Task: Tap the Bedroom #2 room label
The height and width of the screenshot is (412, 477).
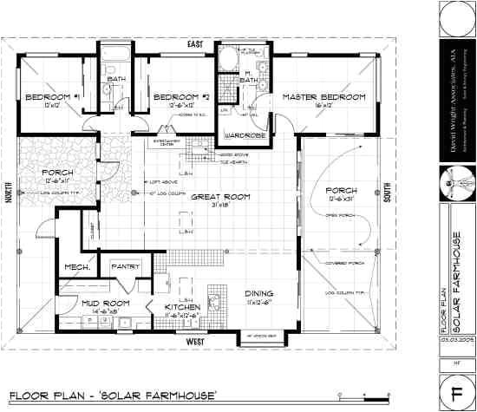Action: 177,97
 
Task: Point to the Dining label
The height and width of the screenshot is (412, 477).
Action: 259,293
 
